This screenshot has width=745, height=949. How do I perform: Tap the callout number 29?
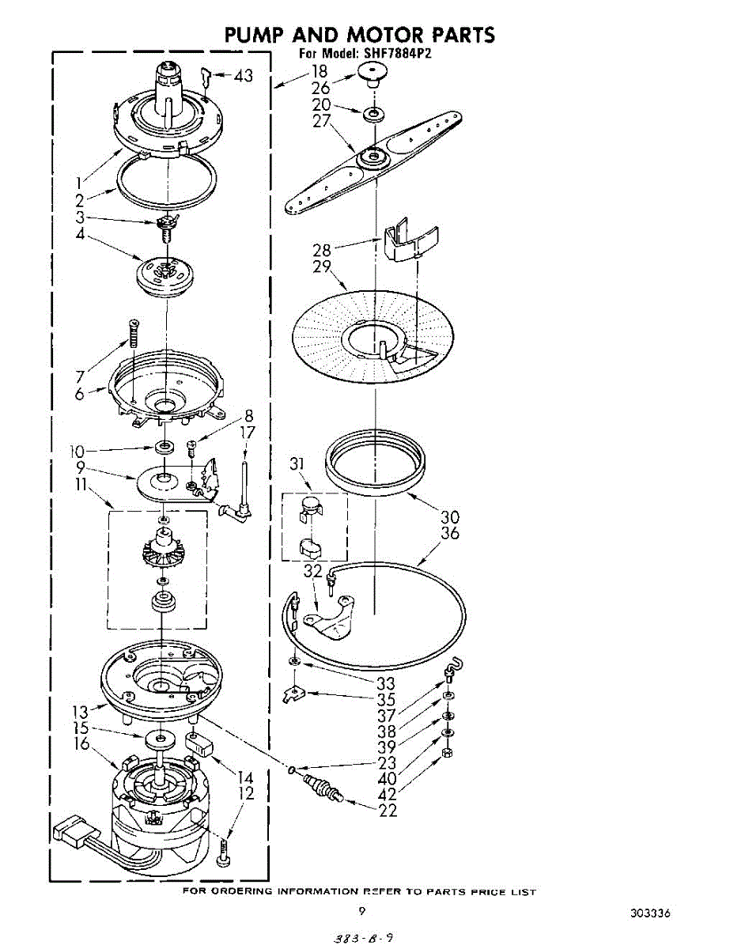tap(321, 267)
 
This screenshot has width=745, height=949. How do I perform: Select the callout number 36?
tap(450, 533)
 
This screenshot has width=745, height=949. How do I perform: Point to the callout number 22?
tap(388, 811)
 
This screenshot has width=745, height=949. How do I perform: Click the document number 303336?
tap(650, 913)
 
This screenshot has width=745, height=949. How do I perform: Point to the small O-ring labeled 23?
tap(293, 769)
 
